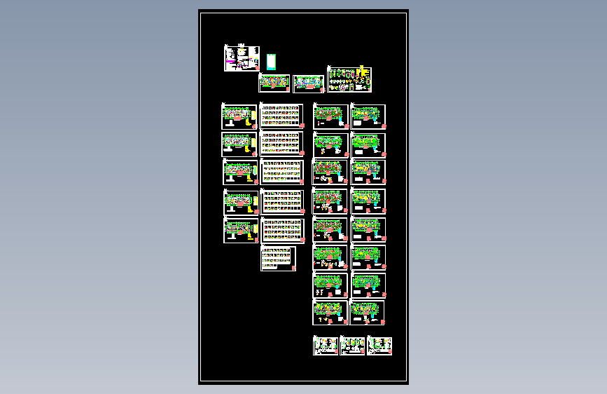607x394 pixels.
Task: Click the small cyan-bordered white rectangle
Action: coord(272,62)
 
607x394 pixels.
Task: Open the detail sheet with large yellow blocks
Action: coord(349,80)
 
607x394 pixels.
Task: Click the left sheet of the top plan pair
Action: coord(274,83)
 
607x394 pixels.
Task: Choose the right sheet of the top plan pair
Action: coord(309,84)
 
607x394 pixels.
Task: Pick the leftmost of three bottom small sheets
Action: coord(326,346)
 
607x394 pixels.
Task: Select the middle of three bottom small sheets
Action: coord(352,346)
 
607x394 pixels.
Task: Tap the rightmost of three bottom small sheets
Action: coord(379,346)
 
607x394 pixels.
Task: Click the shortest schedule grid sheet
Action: coord(279,258)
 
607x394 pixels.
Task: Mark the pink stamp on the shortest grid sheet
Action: coord(293,267)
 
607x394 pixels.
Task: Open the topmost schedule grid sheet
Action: coord(282,116)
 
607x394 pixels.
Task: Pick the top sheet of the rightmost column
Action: coord(368,116)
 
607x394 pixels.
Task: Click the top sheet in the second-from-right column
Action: coord(330,116)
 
